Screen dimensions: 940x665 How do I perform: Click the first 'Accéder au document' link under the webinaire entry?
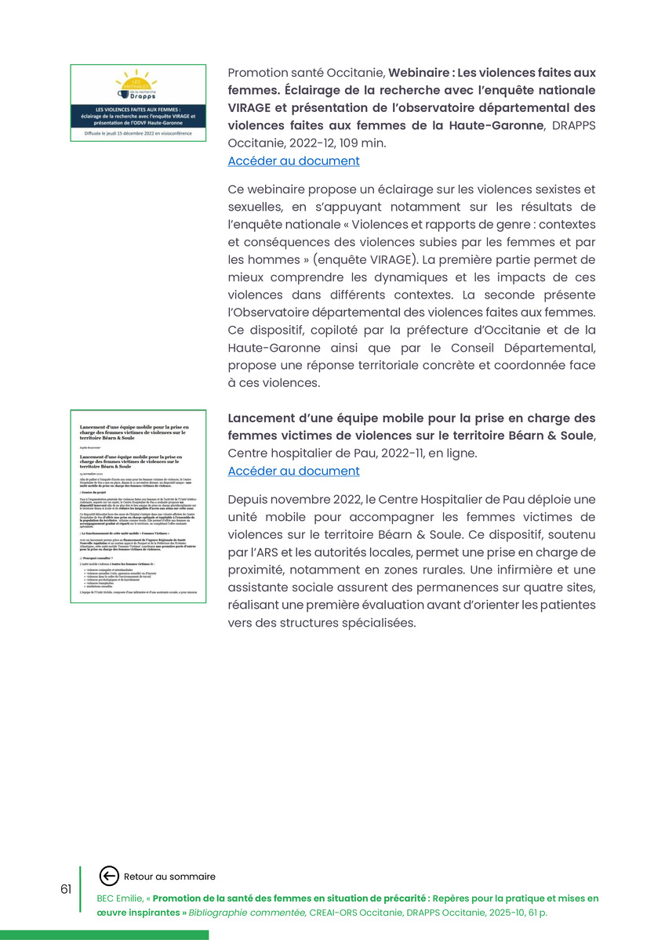click(293, 161)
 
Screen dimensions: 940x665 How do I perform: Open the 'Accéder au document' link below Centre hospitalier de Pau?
click(293, 472)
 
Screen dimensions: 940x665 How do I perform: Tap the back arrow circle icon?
click(110, 877)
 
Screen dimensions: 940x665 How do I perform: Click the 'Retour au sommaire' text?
click(169, 877)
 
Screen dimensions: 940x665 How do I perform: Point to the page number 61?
click(66, 889)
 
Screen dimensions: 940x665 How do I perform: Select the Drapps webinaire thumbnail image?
click(138, 103)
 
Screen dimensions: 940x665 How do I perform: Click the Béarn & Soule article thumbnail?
click(138, 506)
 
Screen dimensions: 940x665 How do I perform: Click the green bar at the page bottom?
click(104, 935)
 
